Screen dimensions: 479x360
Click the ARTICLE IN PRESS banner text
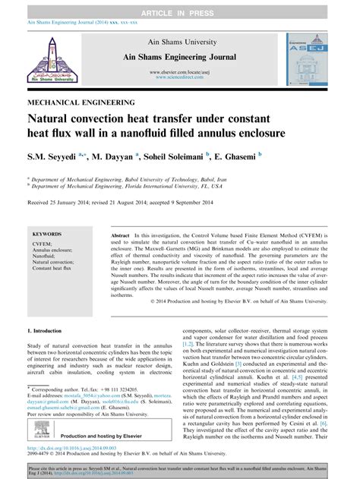tap(179, 6)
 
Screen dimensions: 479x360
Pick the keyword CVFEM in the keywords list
tap(43, 245)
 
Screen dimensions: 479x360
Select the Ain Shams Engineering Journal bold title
tap(179, 58)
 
